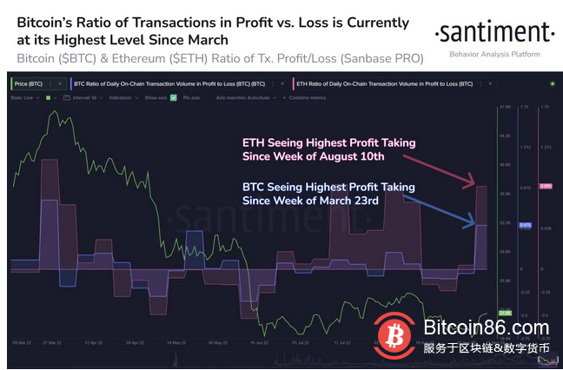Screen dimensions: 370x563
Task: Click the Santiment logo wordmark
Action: coord(493,33)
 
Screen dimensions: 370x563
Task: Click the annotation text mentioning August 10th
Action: coord(328,149)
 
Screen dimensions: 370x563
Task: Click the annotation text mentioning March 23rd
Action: coord(328,193)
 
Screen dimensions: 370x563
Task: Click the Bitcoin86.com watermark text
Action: coord(474,328)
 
